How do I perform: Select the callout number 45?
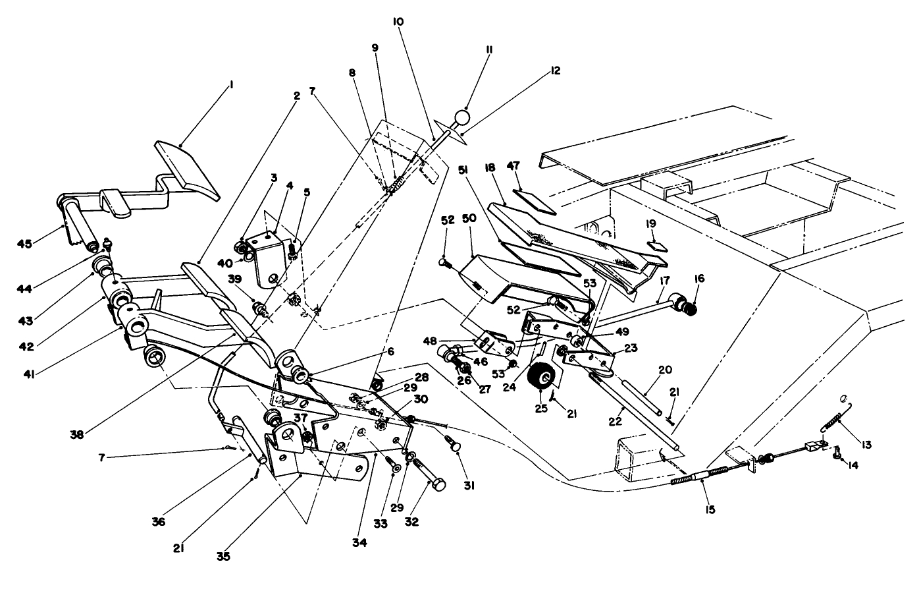24,244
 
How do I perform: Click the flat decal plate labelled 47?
534,199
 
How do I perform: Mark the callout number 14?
853,465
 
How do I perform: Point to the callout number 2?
297,96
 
